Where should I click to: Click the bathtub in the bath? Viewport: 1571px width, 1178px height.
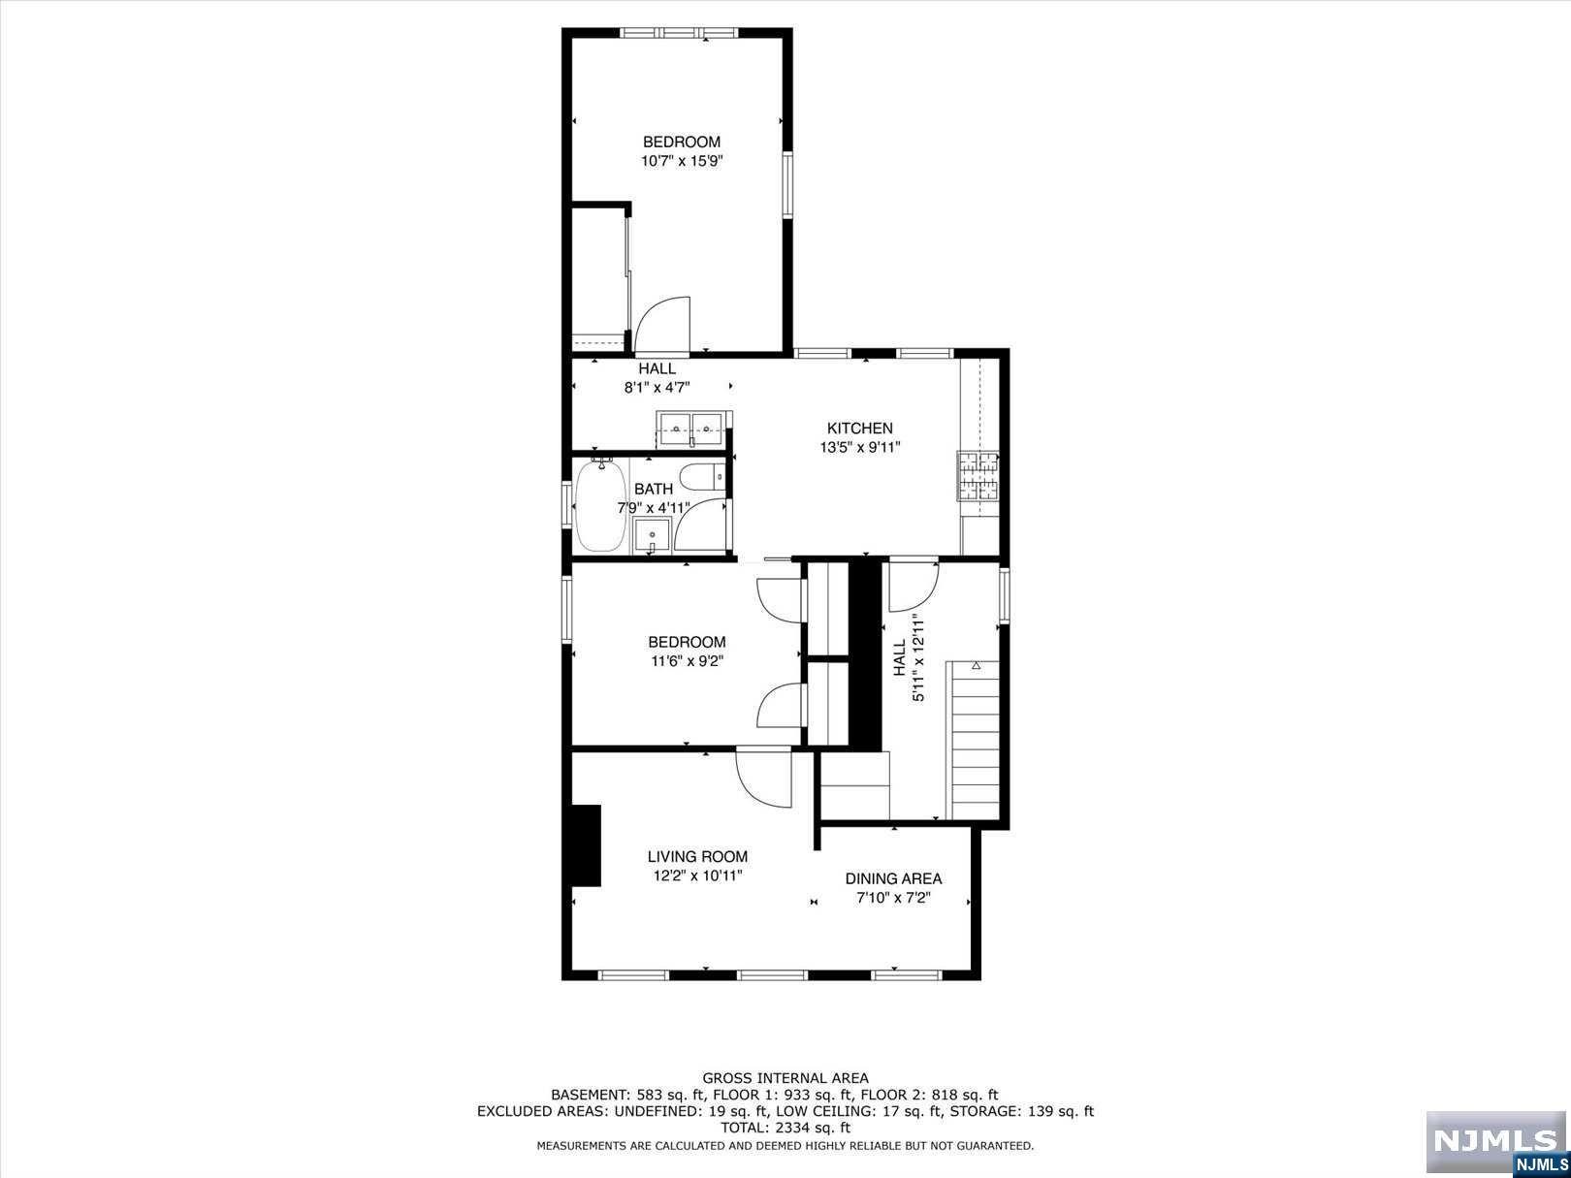[x=600, y=506]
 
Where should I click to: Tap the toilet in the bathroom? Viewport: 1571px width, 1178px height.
[x=702, y=476]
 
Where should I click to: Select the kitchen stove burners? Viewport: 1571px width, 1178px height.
[x=978, y=476]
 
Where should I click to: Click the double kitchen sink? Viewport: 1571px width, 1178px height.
[x=692, y=429]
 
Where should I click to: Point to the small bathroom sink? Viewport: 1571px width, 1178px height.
[x=652, y=536]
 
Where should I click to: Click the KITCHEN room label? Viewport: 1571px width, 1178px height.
[x=859, y=429]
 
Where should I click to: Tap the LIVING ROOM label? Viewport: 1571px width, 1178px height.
[x=697, y=856]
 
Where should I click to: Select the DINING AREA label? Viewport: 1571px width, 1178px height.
[x=893, y=878]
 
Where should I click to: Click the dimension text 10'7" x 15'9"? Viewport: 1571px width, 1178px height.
[x=682, y=161]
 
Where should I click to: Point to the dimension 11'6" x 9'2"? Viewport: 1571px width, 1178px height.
[x=688, y=661]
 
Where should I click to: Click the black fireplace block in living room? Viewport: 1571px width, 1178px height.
[x=585, y=845]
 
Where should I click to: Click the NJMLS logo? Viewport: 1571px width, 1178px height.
[x=1497, y=1141]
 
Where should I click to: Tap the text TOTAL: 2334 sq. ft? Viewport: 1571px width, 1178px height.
[x=785, y=1128]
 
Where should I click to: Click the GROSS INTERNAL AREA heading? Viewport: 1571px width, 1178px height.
[x=785, y=1078]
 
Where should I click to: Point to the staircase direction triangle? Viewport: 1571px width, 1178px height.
[x=977, y=665]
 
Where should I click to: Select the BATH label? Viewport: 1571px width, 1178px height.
[x=654, y=489]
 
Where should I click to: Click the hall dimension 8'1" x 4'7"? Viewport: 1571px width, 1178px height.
[x=657, y=388]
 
